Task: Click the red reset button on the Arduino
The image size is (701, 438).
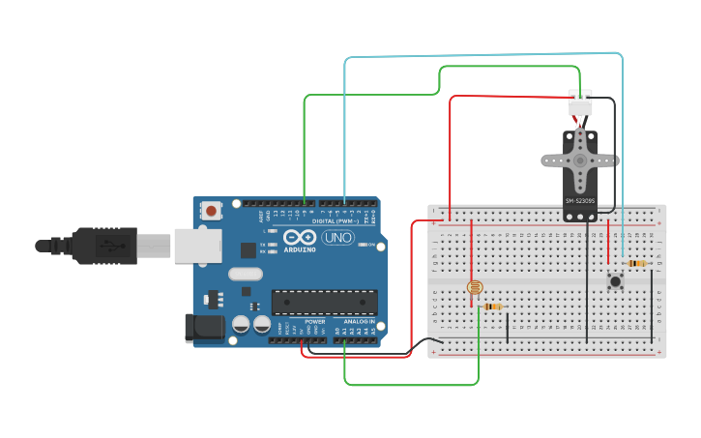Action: click(x=211, y=209)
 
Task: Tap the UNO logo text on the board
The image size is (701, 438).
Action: click(x=338, y=237)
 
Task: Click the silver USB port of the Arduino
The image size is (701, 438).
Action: click(x=197, y=245)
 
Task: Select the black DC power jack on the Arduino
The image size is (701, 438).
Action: click(x=204, y=327)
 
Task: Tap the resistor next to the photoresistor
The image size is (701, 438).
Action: click(x=493, y=307)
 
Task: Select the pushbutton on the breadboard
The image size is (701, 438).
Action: click(x=615, y=281)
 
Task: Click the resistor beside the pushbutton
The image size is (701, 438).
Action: click(x=636, y=263)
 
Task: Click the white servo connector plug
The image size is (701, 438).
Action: click(x=580, y=101)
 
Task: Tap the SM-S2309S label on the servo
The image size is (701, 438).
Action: click(x=579, y=200)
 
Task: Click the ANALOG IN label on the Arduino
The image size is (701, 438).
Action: click(x=358, y=321)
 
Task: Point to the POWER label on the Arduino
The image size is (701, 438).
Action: click(x=315, y=321)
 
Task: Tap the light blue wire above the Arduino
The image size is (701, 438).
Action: click(x=483, y=57)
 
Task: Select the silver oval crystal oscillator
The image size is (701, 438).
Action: click(x=243, y=275)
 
